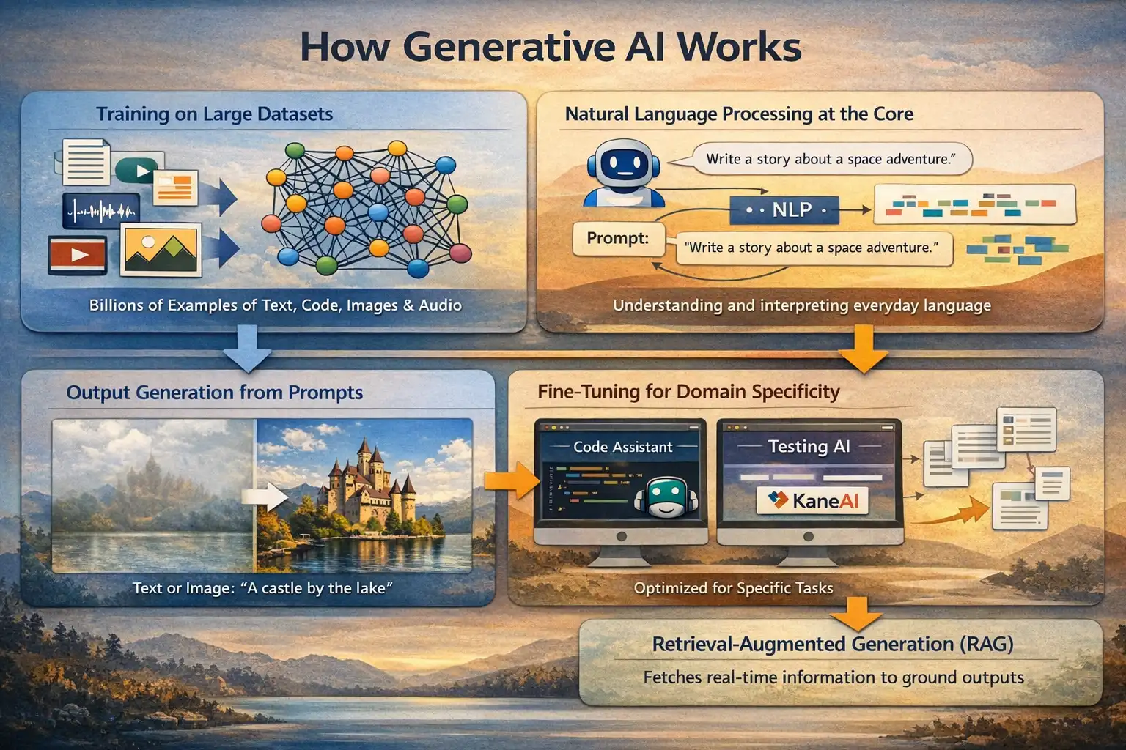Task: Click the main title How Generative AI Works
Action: click(551, 47)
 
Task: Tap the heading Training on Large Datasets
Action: click(214, 114)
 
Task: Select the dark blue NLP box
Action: click(784, 210)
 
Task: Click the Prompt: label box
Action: click(617, 239)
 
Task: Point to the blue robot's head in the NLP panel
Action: click(623, 163)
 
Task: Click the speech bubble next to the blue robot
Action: click(830, 159)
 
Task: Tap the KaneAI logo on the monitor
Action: click(812, 501)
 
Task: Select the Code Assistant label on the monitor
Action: click(622, 447)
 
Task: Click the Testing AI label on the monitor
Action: click(809, 446)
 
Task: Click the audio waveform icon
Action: click(101, 212)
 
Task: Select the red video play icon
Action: click(77, 255)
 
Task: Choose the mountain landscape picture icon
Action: click(161, 250)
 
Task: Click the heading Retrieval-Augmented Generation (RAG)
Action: click(833, 645)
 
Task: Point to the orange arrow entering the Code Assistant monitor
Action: click(511, 480)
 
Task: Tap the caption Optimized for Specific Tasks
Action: click(733, 588)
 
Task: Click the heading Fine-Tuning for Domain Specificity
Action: click(688, 392)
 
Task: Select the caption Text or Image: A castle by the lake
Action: click(262, 588)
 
